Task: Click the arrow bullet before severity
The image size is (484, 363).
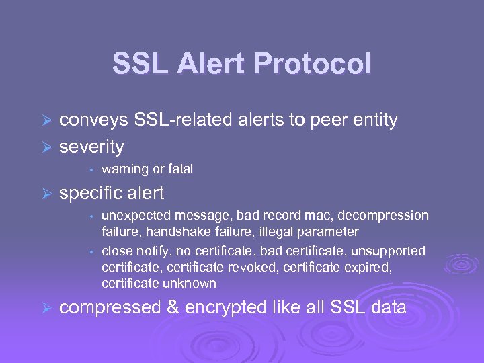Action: tap(46, 147)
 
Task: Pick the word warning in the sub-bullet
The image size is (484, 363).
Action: tap(125, 169)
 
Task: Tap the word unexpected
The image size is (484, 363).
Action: tap(135, 216)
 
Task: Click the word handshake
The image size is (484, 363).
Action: tap(179, 232)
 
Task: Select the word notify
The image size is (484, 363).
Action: tap(151, 251)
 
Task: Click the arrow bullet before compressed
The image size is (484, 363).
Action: tap(46, 309)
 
